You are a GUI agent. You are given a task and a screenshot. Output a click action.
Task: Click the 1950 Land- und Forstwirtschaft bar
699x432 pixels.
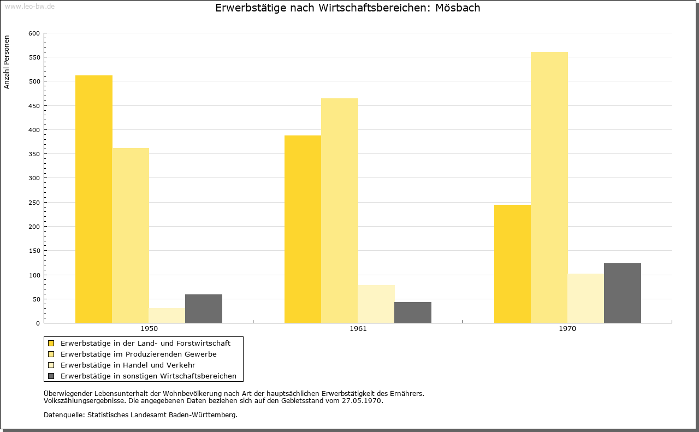pyautogui.click(x=93, y=199)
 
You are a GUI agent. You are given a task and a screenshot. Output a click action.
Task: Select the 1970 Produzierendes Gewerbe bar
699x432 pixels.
pyautogui.click(x=549, y=187)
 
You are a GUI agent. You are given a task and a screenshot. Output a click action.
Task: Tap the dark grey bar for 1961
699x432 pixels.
pyautogui.click(x=413, y=312)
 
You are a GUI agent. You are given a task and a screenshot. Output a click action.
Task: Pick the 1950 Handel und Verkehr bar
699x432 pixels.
pyautogui.click(x=167, y=316)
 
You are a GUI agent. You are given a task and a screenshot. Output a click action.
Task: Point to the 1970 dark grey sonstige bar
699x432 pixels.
pyautogui.click(x=623, y=293)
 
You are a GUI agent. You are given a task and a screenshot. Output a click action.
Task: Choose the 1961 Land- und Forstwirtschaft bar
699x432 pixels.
pyautogui.click(x=303, y=229)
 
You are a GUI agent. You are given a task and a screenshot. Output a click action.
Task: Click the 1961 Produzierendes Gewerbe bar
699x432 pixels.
pyautogui.click(x=340, y=211)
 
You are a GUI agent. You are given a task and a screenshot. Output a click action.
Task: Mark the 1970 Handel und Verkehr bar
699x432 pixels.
pyautogui.click(x=586, y=298)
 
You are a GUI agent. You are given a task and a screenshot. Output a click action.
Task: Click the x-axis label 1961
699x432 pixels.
pyautogui.click(x=358, y=329)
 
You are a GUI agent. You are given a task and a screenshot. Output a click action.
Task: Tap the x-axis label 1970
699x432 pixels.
pyautogui.click(x=567, y=329)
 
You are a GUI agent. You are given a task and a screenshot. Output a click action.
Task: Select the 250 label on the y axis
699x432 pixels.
pyautogui.click(x=34, y=203)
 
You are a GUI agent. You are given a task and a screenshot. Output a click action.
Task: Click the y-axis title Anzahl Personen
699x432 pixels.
pyautogui.click(x=7, y=62)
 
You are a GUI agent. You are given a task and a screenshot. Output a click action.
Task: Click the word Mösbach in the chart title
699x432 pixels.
pyautogui.click(x=458, y=8)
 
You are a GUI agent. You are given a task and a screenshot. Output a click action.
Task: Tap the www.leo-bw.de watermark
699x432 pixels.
pyautogui.click(x=29, y=6)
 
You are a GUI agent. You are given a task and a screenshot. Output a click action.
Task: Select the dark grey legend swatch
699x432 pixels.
pyautogui.click(x=51, y=376)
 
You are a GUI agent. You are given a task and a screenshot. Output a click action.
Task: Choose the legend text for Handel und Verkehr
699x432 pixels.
pyautogui.click(x=128, y=365)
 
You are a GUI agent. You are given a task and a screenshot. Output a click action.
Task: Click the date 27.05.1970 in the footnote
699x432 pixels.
pyautogui.click(x=362, y=401)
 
